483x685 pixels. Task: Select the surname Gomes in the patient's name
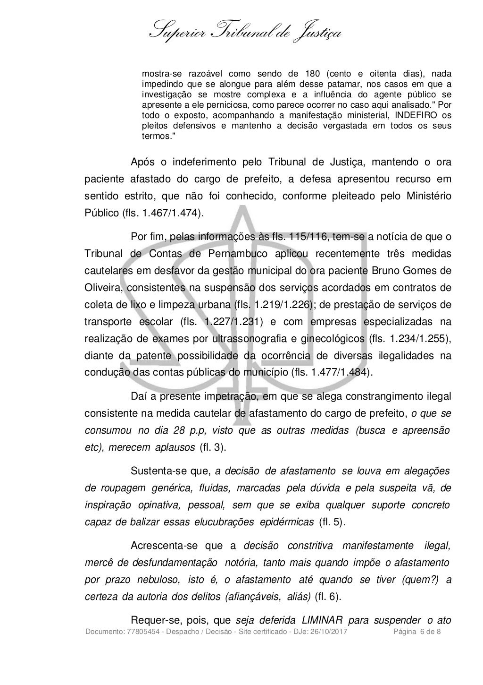413,271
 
